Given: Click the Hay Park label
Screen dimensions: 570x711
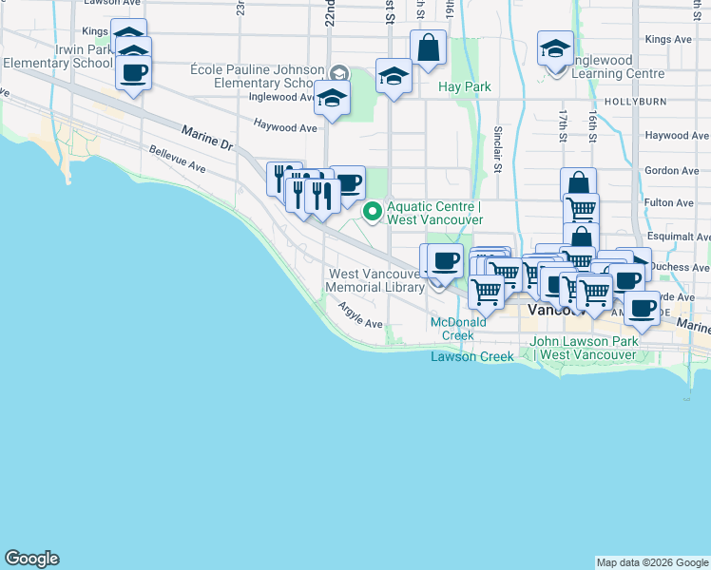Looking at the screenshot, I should click(464, 86).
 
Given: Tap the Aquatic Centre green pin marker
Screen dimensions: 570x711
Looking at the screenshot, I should click(374, 211).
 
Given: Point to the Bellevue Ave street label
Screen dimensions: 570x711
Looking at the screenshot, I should click(177, 159).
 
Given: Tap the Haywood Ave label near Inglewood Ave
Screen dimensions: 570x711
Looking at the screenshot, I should click(284, 125).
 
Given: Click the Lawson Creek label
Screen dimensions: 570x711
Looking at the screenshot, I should click(471, 356).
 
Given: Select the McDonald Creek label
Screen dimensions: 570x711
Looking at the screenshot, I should click(458, 329).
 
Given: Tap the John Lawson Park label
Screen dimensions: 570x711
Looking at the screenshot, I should click(583, 348).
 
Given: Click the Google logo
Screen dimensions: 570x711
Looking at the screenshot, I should click(31, 559).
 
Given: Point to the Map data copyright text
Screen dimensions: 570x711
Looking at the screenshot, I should click(651, 562).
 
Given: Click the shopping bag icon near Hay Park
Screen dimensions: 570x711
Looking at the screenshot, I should click(429, 47).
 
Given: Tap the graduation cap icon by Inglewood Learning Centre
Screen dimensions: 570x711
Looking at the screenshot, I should click(555, 48).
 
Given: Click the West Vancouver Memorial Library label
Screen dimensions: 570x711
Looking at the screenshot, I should click(375, 279).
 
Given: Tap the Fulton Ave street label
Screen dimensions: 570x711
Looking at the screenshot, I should click(669, 202).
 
